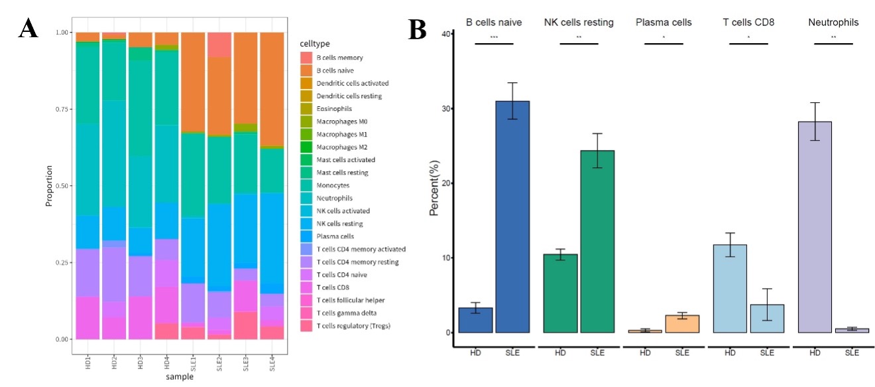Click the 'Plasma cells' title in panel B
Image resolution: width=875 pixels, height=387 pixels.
[664, 23]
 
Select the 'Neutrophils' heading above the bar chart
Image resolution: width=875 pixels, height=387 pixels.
[833, 23]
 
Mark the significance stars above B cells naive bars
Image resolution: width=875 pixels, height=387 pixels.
[495, 37]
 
